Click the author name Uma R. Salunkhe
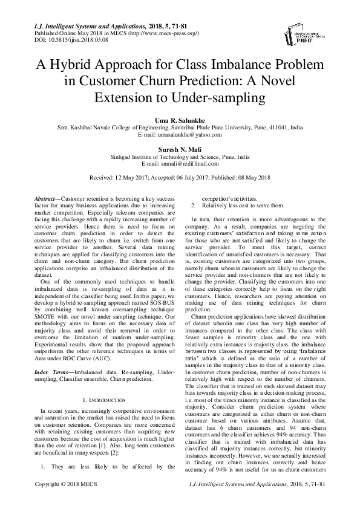point(180,121)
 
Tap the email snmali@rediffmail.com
point(188,163)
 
